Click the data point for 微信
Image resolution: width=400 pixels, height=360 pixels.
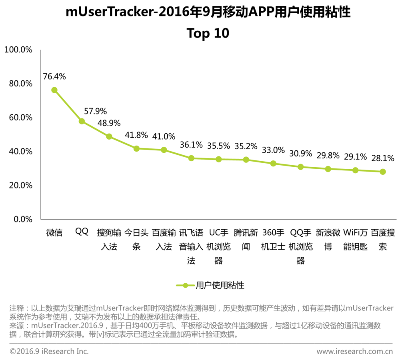coord(54,90)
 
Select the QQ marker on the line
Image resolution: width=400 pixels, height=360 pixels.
coord(82,121)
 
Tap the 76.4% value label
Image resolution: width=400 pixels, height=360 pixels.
coord(54,76)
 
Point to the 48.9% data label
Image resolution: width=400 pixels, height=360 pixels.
coord(109,123)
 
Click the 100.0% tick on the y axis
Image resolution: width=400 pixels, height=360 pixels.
coord(18,50)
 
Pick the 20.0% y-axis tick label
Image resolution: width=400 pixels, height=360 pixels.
coord(21,185)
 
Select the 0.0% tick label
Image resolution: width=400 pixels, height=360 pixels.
coord(23,219)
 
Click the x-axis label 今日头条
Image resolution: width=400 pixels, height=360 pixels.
coord(136,240)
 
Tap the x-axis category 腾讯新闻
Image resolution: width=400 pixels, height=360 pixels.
coord(246,240)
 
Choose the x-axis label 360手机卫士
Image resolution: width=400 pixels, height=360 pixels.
coord(273,240)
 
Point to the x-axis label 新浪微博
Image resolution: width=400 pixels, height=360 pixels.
coord(328,240)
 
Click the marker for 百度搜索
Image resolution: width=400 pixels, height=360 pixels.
coord(383,172)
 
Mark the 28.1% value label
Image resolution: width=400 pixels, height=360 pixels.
coord(383,158)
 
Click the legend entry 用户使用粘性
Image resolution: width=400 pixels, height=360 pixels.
coord(210,285)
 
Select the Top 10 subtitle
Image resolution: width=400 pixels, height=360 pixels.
coord(208,33)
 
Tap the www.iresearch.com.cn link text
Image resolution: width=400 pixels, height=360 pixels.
coord(354,351)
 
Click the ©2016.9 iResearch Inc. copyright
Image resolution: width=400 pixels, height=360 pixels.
coord(49,351)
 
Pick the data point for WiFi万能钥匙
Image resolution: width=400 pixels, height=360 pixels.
coord(355,170)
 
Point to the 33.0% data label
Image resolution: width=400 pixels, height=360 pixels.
coord(273,150)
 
